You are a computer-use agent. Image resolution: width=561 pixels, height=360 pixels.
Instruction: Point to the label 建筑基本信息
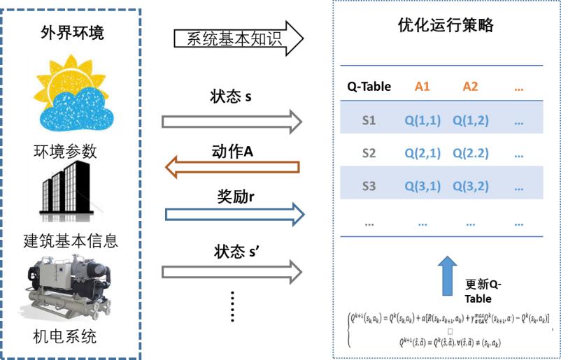[x=71, y=241]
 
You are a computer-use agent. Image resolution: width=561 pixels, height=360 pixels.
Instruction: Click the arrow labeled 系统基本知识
[x=239, y=38]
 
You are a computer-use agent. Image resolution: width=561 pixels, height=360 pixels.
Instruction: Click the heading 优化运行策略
[x=445, y=25]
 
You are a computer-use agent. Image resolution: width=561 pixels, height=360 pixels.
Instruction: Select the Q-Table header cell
[x=369, y=87]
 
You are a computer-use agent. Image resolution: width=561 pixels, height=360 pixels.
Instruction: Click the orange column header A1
[x=422, y=87]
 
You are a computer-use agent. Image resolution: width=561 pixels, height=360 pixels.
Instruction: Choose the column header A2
[x=470, y=87]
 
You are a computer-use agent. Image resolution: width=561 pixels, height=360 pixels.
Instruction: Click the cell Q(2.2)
[x=471, y=153]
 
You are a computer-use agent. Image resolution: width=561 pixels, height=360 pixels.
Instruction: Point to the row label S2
[x=369, y=153]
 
